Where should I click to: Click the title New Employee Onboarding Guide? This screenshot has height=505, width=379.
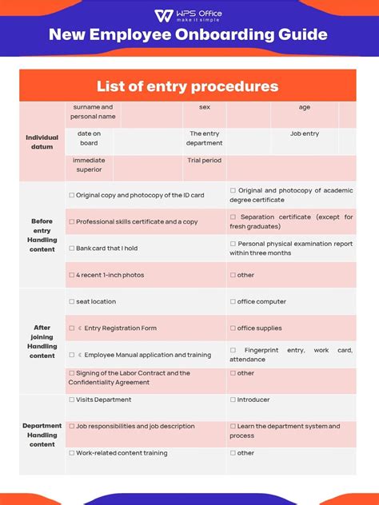click(188, 35)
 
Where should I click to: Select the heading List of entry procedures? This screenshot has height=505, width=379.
click(188, 86)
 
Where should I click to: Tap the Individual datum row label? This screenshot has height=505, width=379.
click(42, 142)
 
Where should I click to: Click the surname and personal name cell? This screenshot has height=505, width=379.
click(93, 112)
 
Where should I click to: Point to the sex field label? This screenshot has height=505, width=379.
click(205, 107)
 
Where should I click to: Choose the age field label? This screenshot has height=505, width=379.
click(305, 107)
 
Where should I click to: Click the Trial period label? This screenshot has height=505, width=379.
click(205, 161)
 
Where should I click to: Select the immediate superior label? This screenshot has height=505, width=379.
click(89, 165)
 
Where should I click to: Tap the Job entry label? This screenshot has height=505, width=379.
click(305, 133)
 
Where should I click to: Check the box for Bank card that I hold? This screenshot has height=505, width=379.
click(72, 249)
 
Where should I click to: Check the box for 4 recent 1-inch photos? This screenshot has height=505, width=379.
click(72, 275)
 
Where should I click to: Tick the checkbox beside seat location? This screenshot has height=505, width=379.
click(72, 302)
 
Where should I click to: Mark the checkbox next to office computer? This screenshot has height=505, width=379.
click(233, 302)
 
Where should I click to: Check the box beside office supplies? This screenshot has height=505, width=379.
click(233, 328)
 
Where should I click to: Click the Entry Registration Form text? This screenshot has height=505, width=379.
click(120, 328)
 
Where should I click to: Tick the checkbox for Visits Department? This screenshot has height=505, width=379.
click(72, 400)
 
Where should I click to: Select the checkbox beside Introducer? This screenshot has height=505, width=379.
click(233, 400)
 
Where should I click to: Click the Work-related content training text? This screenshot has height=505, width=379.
click(122, 453)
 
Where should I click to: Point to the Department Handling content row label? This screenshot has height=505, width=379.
click(42, 435)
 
